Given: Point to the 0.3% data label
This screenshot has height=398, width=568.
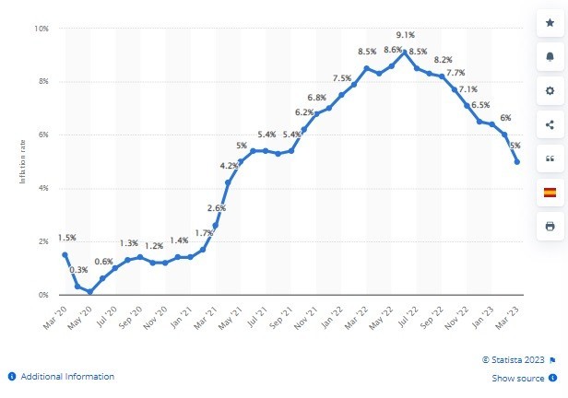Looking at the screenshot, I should pos(80,270).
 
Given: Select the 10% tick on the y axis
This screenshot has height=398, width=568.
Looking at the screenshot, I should pos(42,29).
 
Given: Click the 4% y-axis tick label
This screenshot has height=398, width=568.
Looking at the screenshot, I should pos(43,188).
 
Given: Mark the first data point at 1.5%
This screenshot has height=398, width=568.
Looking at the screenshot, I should pos(65,254).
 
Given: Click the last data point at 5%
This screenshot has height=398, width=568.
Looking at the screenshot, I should pos(516,162).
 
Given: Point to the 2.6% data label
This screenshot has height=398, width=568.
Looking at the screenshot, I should pos(216,208).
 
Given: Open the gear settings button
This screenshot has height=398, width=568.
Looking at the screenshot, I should pos(550,91).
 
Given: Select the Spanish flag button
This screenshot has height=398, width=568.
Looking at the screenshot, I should pos(550,192).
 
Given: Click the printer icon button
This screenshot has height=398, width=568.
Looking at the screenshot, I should pos(550,226).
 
